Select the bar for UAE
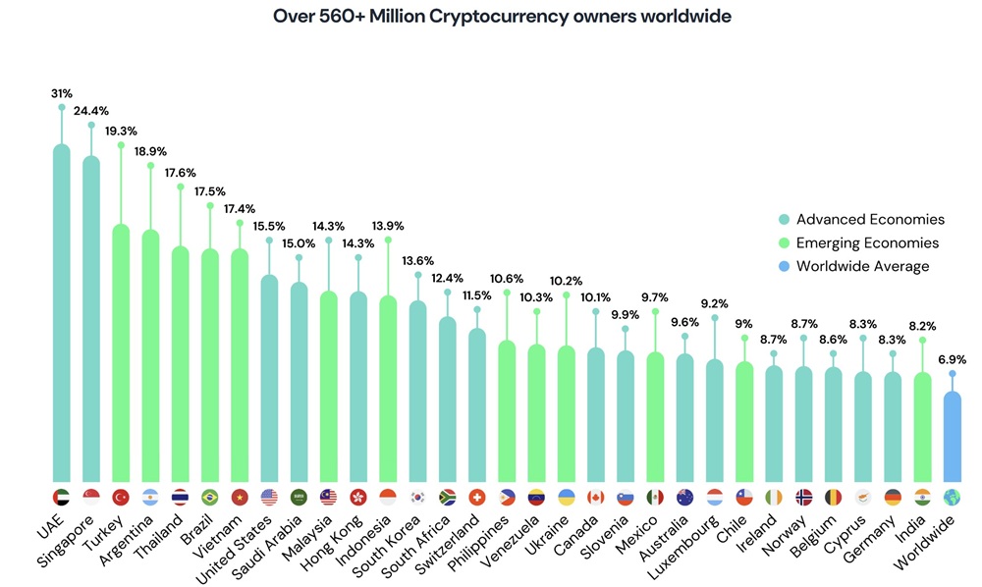click(61, 314)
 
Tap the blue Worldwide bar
click(952, 437)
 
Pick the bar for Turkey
click(121, 353)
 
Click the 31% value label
click(61, 94)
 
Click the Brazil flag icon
click(209, 497)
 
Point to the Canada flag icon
click(595, 497)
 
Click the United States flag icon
click(269, 497)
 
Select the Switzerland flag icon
click(476, 497)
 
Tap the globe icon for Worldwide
click(952, 497)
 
